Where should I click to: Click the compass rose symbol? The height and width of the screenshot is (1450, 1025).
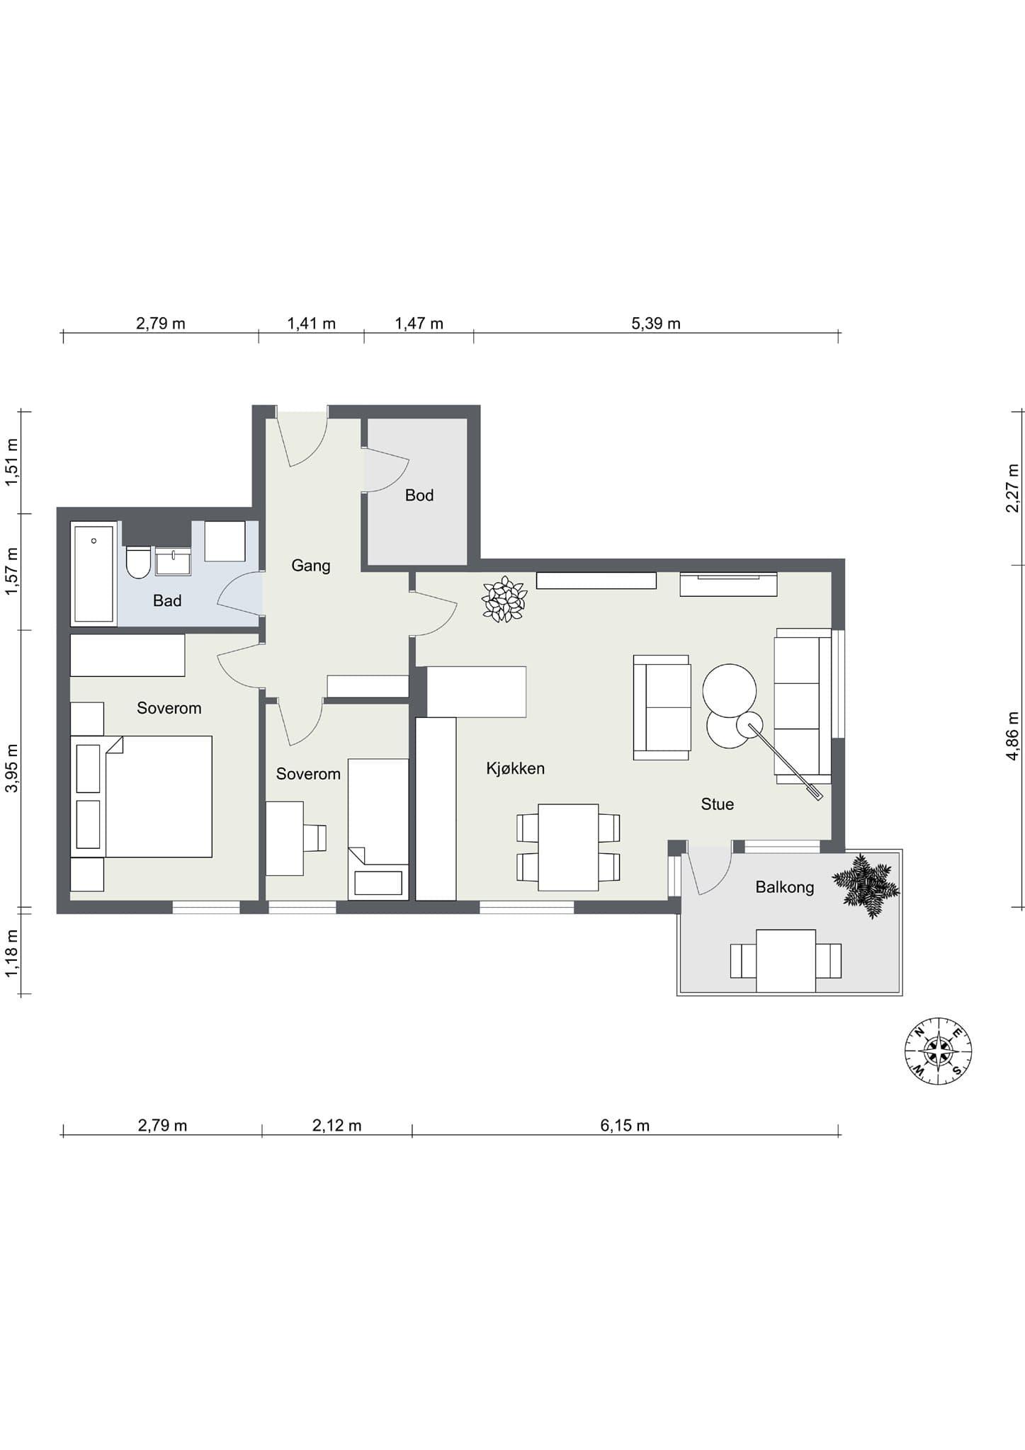[938, 1051]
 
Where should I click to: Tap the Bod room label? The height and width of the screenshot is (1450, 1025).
[419, 496]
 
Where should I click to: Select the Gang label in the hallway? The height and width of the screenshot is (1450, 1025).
[311, 566]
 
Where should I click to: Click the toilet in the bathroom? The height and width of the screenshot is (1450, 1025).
[138, 562]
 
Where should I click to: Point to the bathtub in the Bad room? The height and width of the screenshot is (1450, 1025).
[94, 573]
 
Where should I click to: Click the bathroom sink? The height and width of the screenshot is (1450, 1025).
[173, 561]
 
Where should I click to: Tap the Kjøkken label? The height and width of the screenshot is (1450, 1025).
[516, 769]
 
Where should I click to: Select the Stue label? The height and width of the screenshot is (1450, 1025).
[718, 804]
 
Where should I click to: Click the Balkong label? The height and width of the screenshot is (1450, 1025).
[785, 888]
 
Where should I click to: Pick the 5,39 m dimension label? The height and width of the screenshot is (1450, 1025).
[656, 324]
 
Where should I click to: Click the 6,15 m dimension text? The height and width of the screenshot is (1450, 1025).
[625, 1125]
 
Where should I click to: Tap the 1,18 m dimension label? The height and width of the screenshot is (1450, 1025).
[12, 954]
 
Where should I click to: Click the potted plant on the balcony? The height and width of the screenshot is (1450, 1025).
[866, 886]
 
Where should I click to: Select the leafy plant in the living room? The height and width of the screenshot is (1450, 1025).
[504, 600]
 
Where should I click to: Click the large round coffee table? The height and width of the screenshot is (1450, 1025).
[730, 690]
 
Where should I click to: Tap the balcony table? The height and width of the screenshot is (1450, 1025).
[786, 961]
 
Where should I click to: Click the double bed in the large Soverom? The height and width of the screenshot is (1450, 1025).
[142, 797]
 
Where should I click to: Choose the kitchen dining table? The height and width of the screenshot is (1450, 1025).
[568, 847]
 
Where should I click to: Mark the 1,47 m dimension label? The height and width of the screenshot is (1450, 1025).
[419, 324]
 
